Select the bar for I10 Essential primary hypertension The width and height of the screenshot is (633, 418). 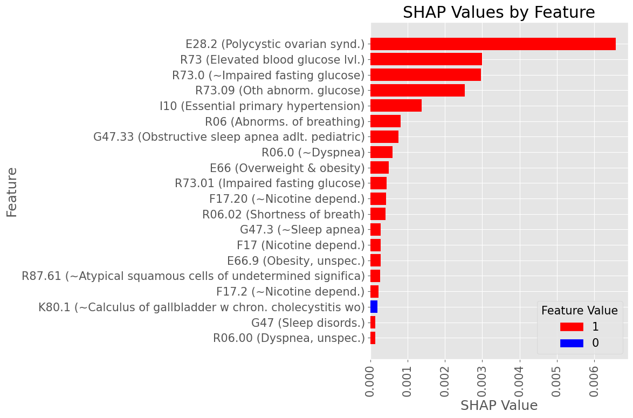click(x=396, y=106)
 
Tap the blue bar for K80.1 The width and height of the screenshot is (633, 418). click(x=374, y=307)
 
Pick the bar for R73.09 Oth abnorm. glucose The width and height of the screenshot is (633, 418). click(x=417, y=91)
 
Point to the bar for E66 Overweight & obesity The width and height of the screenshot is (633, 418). click(x=380, y=168)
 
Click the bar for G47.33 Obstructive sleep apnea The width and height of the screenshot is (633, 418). click(x=384, y=137)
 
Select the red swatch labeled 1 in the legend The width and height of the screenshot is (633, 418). click(x=572, y=327)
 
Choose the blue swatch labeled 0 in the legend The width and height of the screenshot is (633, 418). click(x=572, y=343)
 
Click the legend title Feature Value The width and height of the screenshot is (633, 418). click(x=579, y=311)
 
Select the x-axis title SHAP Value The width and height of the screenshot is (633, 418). click(x=499, y=406)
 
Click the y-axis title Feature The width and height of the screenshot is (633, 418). click(x=12, y=192)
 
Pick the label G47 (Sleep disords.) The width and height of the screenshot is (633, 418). click(x=308, y=323)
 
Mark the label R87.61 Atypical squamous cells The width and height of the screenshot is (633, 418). click(x=193, y=277)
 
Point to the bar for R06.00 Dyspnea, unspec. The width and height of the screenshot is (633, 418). click(x=373, y=338)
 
